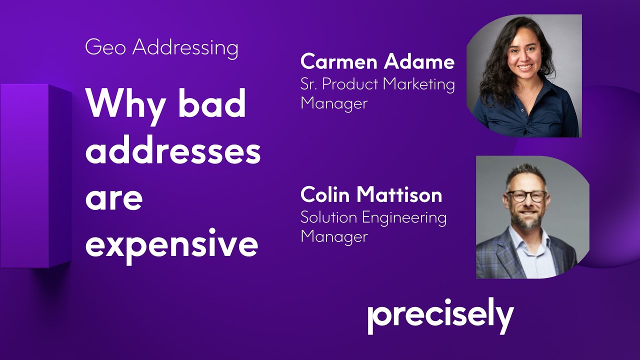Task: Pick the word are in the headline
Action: click(x=114, y=198)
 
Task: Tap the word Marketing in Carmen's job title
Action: click(x=419, y=84)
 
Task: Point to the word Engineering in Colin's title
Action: click(x=405, y=218)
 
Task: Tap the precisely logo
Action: click(x=440, y=315)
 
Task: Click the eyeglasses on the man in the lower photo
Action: click(x=526, y=195)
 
